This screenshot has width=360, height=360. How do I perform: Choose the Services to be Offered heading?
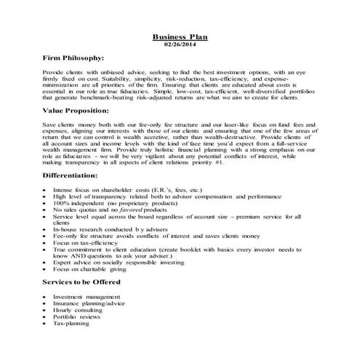pos(81,281)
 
